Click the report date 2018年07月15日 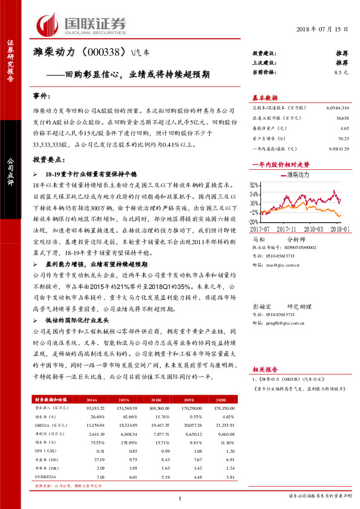click(x=323, y=30)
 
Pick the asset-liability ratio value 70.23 click(x=342, y=138)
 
